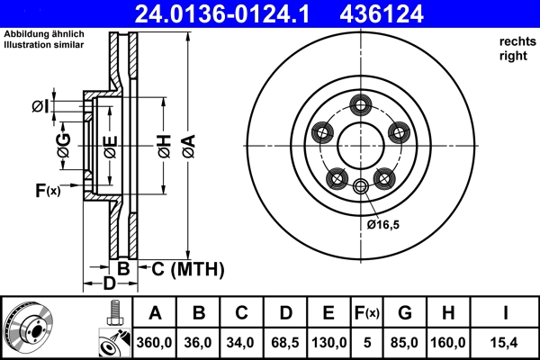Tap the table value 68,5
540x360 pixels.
(285, 343)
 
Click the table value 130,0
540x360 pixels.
(328, 343)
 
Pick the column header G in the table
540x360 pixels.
(405, 313)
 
